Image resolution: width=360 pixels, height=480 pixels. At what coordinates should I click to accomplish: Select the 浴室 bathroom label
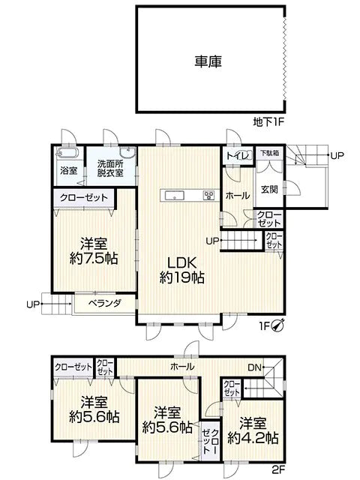coord(68,170)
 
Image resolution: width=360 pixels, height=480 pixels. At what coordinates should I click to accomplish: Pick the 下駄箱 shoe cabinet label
coord(268,153)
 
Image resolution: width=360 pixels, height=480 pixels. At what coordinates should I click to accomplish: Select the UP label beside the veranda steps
coord(32,304)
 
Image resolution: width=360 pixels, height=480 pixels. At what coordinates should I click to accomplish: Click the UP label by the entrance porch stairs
coord(337,155)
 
